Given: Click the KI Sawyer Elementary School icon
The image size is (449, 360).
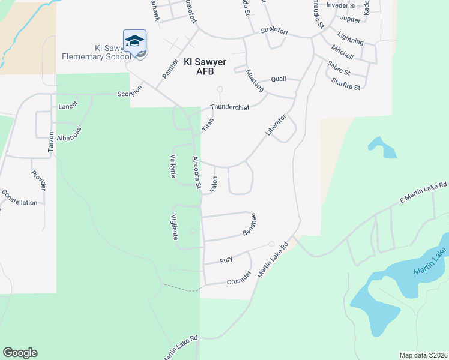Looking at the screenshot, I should coord(135,41).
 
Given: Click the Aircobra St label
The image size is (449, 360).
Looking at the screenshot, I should coord(196,171).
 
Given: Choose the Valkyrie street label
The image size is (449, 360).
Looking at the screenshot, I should coord(174,165).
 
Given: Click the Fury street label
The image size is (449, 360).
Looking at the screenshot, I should coord(226,260).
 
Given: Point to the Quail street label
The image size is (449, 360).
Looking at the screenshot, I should coord(279,79).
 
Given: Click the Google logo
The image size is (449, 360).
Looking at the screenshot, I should coord(20,353).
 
